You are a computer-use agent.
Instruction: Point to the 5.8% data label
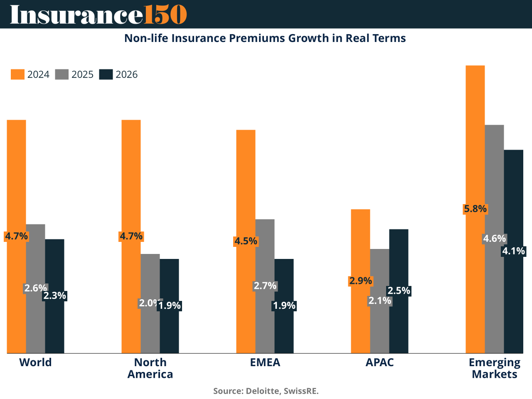475,209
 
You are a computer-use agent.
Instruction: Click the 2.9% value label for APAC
360,281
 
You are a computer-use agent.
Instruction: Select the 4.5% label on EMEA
246,241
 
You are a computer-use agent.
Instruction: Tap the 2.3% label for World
55,296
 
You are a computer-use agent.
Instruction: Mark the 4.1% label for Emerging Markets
514,251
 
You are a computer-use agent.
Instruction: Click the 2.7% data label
265,286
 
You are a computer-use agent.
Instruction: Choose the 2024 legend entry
30,74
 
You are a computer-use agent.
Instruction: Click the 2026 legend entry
118,74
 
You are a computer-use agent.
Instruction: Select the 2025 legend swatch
62,74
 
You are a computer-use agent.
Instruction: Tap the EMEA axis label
265,362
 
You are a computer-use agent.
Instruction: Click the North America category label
150,368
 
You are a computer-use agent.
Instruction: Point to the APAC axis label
379,362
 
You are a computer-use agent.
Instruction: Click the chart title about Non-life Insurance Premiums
265,38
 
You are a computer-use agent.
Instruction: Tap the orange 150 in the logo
165,15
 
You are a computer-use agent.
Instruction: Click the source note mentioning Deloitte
266,391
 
